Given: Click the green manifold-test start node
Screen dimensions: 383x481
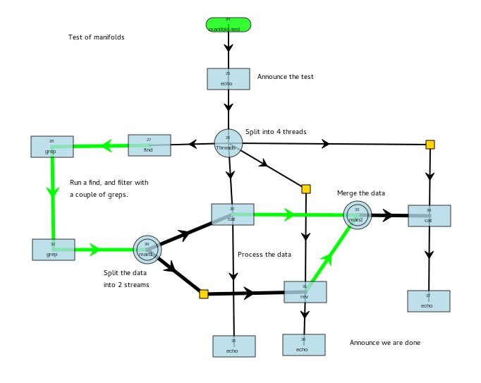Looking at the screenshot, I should pyautogui.click(x=228, y=25).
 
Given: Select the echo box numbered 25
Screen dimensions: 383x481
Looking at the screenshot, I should pyautogui.click(x=228, y=79).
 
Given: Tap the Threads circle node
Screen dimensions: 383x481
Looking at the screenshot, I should pyautogui.click(x=229, y=143).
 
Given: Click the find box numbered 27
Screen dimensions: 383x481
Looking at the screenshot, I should pyautogui.click(x=149, y=145).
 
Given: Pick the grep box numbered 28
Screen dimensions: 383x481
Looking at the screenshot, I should pyautogui.click(x=52, y=147).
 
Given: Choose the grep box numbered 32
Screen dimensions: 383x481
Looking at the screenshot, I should pyautogui.click(x=53, y=250).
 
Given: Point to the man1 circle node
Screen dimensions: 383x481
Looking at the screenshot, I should pyautogui.click(x=147, y=250).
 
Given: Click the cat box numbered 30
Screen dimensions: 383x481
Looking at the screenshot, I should pyautogui.click(x=233, y=214).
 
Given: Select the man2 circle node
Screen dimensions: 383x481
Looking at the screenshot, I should pyautogui.click(x=358, y=215).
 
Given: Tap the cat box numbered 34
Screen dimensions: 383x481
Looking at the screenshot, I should pyautogui.click(x=429, y=216).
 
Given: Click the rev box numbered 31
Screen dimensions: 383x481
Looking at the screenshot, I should pyautogui.click(x=305, y=292).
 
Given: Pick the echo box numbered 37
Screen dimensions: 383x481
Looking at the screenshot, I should pyautogui.click(x=428, y=301).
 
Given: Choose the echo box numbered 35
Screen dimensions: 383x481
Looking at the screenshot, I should pyautogui.click(x=233, y=346).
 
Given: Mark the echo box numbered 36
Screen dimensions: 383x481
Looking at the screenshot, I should pyautogui.click(x=304, y=345).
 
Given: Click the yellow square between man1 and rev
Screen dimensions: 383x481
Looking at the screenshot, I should pyautogui.click(x=204, y=294).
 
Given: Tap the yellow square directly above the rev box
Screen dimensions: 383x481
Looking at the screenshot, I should pyautogui.click(x=306, y=189).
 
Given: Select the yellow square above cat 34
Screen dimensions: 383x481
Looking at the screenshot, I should pyautogui.click(x=430, y=145).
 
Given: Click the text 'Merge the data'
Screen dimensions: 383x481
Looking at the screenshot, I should pyautogui.click(x=361, y=193).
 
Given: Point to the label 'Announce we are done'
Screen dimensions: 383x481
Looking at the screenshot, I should pyautogui.click(x=385, y=343).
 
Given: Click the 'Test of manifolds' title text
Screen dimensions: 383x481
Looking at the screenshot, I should pyautogui.click(x=97, y=37).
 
